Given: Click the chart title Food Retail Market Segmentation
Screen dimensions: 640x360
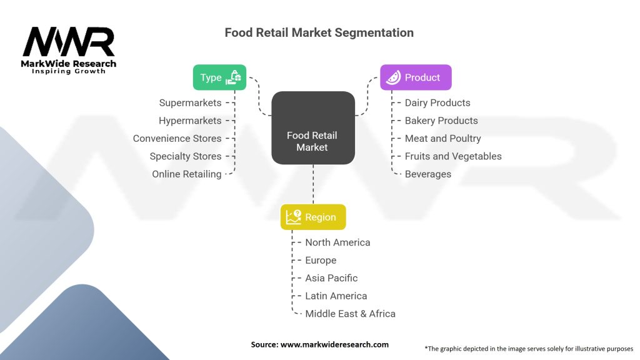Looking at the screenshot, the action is [x=319, y=32].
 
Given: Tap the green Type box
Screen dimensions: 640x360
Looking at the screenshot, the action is [x=219, y=77].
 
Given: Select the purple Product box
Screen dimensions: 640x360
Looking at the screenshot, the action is [x=416, y=77].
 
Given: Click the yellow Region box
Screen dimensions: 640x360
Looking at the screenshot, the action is [x=312, y=217].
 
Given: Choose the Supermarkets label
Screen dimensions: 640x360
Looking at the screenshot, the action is [x=190, y=103].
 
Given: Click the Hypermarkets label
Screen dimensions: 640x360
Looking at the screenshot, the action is [x=190, y=121].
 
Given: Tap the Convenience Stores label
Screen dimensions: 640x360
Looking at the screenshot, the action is [x=177, y=139].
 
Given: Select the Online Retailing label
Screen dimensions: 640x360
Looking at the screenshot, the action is [x=186, y=174].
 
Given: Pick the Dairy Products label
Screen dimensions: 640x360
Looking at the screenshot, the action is [x=437, y=103].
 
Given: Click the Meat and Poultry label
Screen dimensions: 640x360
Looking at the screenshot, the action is [x=442, y=139].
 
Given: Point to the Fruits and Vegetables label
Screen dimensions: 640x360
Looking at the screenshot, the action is [x=453, y=156].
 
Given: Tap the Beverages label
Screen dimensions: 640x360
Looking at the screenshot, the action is [x=427, y=174].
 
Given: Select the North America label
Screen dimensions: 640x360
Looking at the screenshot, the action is [x=337, y=242].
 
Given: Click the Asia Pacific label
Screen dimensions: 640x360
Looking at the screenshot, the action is [x=331, y=278].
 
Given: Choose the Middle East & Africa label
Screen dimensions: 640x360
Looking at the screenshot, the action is [x=350, y=314].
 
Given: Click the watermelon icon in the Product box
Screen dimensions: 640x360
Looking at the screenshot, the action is [x=392, y=77].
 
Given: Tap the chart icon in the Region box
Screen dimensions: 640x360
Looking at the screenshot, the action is [x=293, y=217].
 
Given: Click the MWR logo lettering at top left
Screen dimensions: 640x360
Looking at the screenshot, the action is [x=69, y=42].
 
